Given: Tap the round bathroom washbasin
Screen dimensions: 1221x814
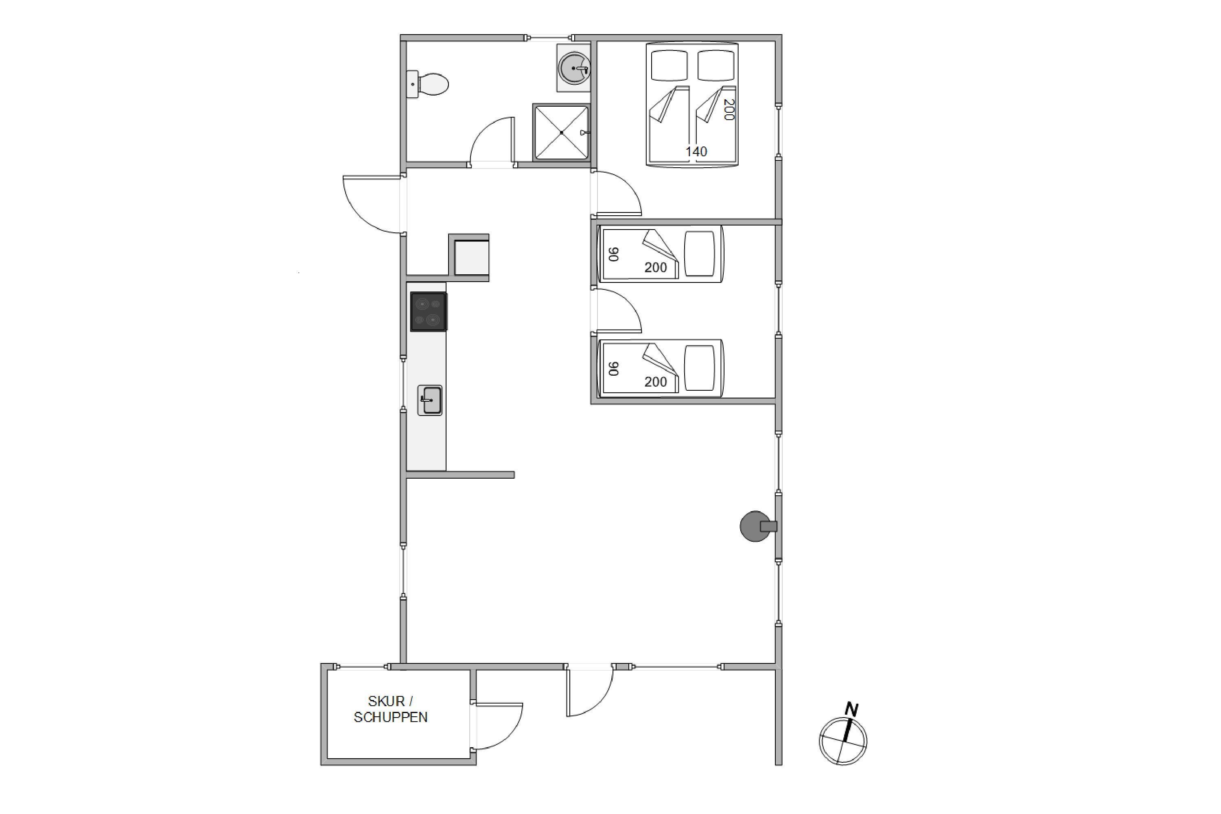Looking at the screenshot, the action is (574, 68).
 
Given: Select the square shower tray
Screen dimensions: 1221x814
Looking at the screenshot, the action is (561, 132).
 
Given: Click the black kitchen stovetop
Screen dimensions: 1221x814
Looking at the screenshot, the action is (429, 311).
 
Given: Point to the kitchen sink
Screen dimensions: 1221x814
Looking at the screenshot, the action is (430, 400).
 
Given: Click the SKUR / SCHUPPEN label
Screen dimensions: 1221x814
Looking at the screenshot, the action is (390, 709).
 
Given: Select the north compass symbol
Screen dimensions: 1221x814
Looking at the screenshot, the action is (842, 741).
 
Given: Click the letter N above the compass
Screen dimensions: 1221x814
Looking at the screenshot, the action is (851, 709).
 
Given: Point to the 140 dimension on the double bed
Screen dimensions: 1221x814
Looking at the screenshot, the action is (696, 151).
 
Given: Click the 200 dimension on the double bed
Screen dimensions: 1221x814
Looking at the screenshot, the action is (729, 109).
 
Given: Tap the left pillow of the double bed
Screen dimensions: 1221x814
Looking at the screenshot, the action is (669, 66).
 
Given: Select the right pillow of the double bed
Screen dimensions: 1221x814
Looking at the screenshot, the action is (716, 66).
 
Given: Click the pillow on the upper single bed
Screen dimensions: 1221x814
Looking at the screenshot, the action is (699, 254).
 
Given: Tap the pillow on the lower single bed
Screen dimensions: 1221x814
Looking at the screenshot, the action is (699, 368).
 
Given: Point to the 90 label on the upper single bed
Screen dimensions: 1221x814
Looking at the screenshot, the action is (614, 254).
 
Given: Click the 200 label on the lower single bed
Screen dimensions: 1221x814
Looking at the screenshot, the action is (656, 382).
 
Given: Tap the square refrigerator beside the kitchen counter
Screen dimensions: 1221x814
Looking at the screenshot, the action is (471, 258).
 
